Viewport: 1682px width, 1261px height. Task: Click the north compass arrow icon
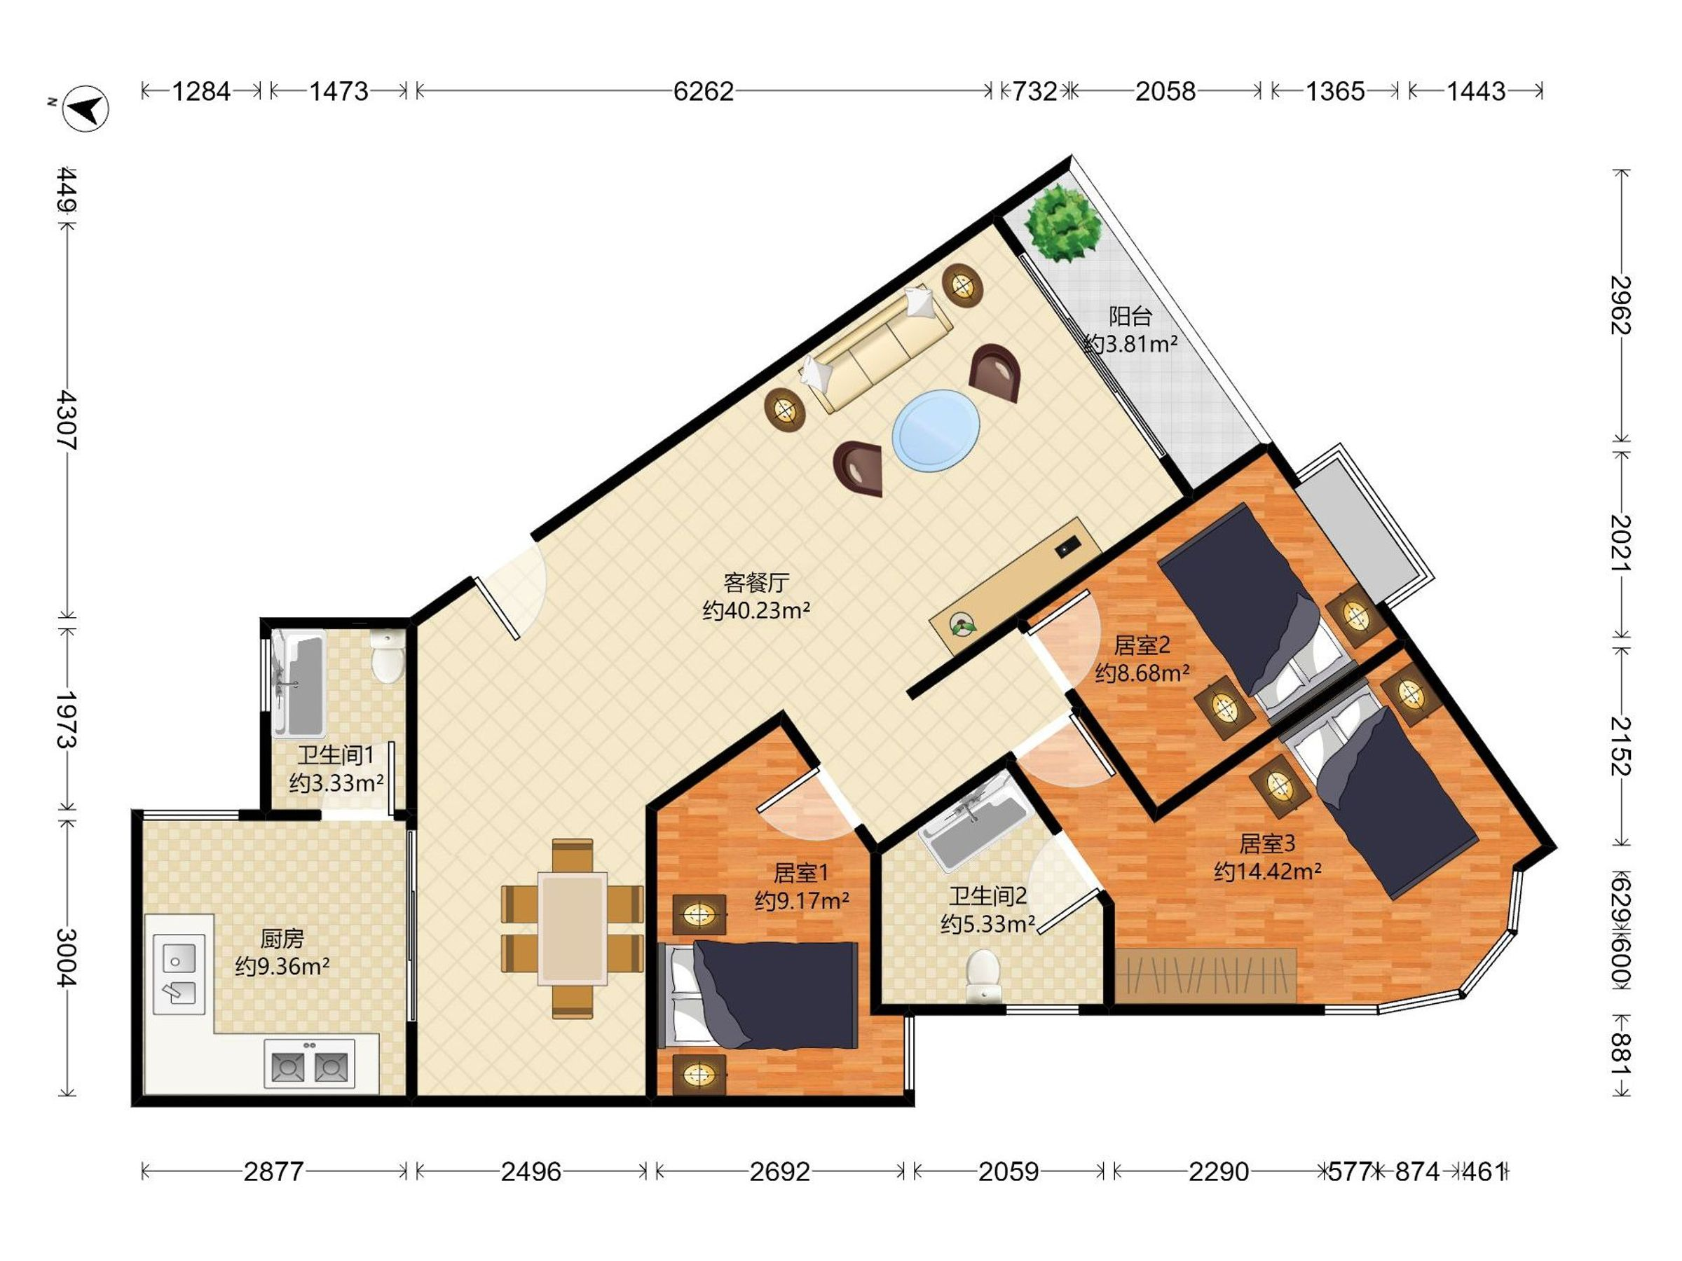[86, 108]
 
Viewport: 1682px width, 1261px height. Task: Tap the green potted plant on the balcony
[1063, 223]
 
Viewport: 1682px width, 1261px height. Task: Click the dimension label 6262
[704, 91]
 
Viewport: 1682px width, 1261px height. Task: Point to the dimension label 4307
[67, 420]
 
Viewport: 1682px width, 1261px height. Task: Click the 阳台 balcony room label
[1130, 315]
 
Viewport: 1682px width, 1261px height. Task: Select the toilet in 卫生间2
[984, 976]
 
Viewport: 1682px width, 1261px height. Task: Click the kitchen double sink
[179, 974]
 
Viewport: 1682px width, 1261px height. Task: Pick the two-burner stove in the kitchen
[310, 1063]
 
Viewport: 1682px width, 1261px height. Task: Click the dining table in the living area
[573, 928]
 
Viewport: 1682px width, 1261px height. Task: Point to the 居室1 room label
[800, 871]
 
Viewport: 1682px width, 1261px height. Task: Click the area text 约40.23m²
[755, 610]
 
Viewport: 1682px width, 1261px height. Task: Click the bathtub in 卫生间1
[299, 685]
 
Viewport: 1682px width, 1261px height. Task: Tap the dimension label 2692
[780, 1171]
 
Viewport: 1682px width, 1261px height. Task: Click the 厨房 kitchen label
[282, 939]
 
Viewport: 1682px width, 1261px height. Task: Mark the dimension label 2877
[274, 1171]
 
